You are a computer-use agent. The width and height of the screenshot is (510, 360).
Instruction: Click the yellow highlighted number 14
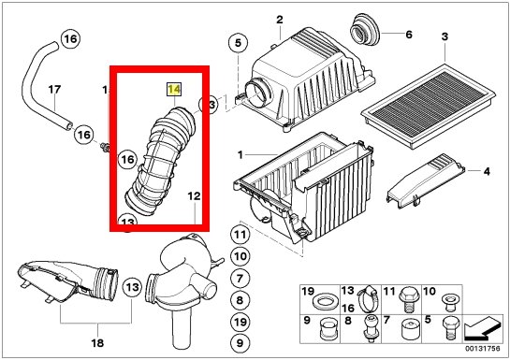pos(174,90)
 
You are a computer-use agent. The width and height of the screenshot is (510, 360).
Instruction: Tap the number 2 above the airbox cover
pos(280,20)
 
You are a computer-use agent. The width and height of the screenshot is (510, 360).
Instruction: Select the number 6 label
pos(409,35)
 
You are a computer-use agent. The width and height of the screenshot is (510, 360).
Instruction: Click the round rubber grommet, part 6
pos(364,29)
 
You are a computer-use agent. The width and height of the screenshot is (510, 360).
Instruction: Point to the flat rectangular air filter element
pos(429,106)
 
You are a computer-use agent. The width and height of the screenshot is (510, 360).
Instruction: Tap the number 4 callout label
pos(487,171)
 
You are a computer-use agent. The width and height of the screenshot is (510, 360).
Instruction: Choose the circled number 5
pos(238,43)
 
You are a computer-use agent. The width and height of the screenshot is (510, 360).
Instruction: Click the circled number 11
pos(240,235)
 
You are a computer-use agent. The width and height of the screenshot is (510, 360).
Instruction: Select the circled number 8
pos(240,300)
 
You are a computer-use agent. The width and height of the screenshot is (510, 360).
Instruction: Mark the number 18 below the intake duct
pos(97,342)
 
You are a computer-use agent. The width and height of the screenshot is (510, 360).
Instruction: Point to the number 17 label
pos(54,90)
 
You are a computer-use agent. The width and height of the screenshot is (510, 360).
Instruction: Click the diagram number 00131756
pos(482,349)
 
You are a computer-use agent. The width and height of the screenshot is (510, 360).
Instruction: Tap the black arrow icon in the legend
pos(481,329)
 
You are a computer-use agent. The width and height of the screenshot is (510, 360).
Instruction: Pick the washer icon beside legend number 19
pos(324,302)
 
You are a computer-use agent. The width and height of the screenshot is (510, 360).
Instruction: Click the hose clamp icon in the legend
pos(367,299)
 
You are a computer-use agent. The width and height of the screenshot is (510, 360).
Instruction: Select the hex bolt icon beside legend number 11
pos(407,299)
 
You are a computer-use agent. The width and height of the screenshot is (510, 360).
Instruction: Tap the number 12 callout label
pos(194,196)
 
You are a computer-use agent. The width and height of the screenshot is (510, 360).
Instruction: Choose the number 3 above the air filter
pos(444,36)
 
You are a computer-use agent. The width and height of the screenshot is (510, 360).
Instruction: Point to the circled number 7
pos(240,279)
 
